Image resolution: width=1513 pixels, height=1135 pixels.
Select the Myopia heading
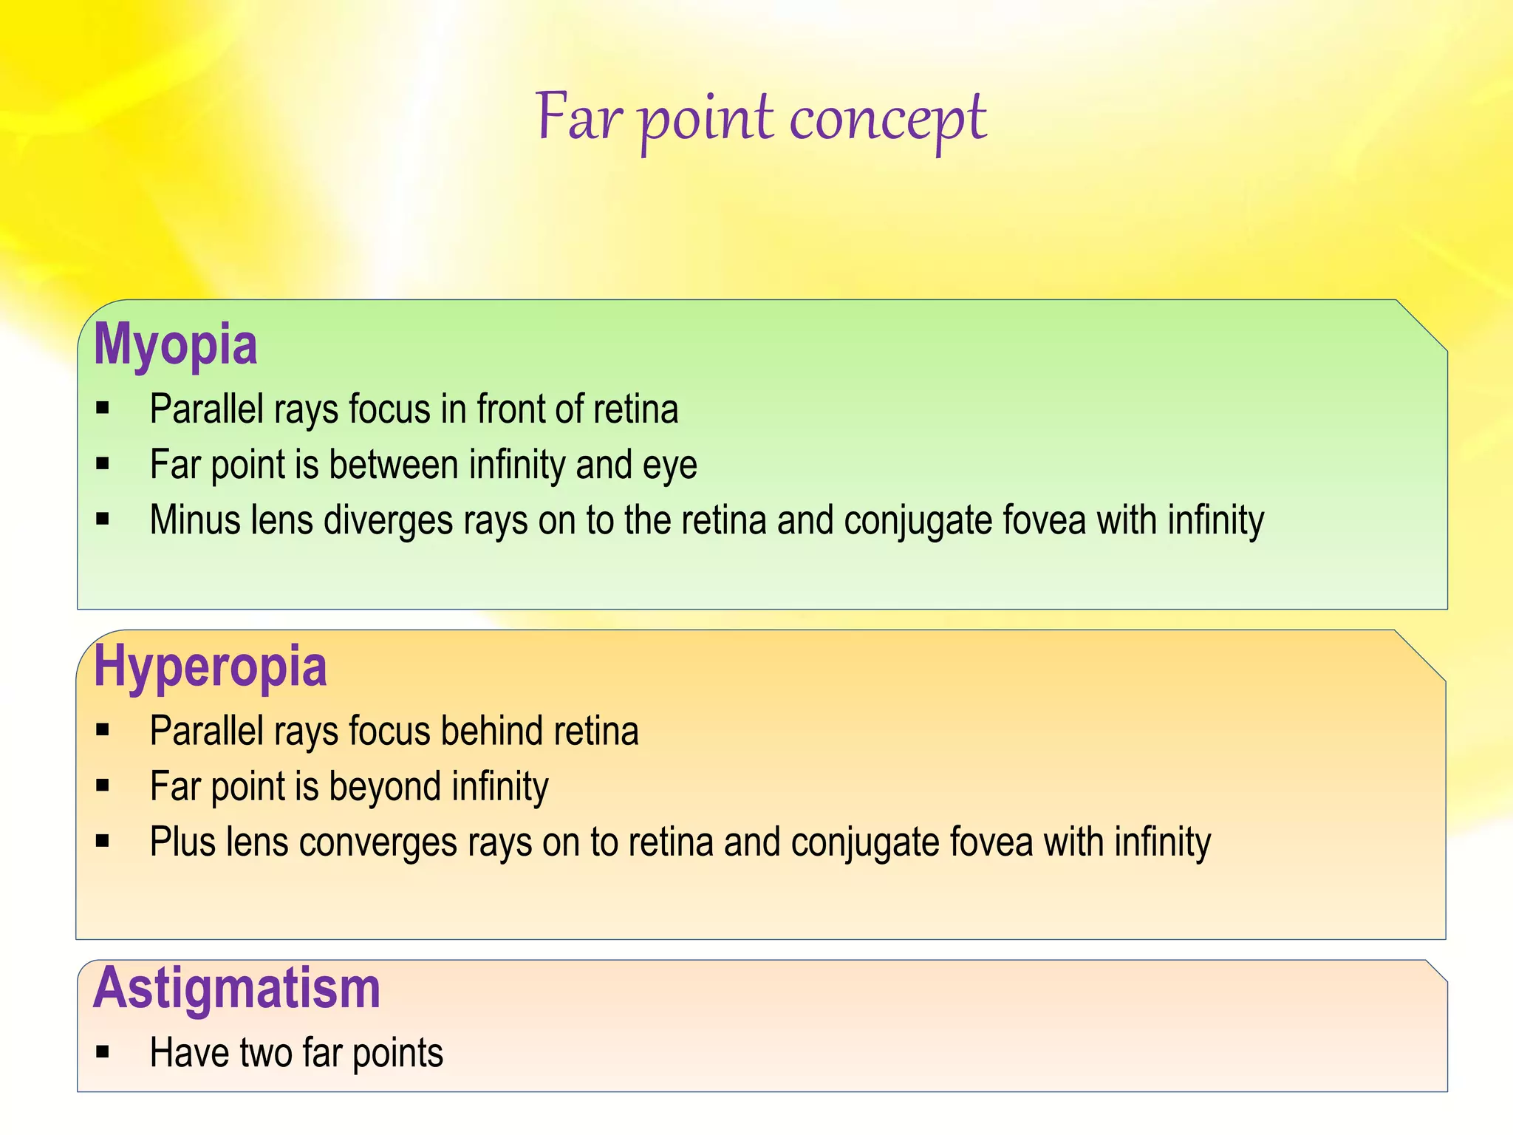tap(176, 344)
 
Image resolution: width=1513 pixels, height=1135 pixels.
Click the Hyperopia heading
tap(210, 667)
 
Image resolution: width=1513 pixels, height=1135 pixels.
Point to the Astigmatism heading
tap(236, 989)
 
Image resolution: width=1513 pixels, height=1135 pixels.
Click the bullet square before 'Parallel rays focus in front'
tap(103, 408)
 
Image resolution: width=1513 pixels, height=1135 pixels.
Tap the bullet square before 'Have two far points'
tap(103, 1052)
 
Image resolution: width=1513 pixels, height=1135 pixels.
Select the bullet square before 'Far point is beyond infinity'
tap(103, 785)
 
